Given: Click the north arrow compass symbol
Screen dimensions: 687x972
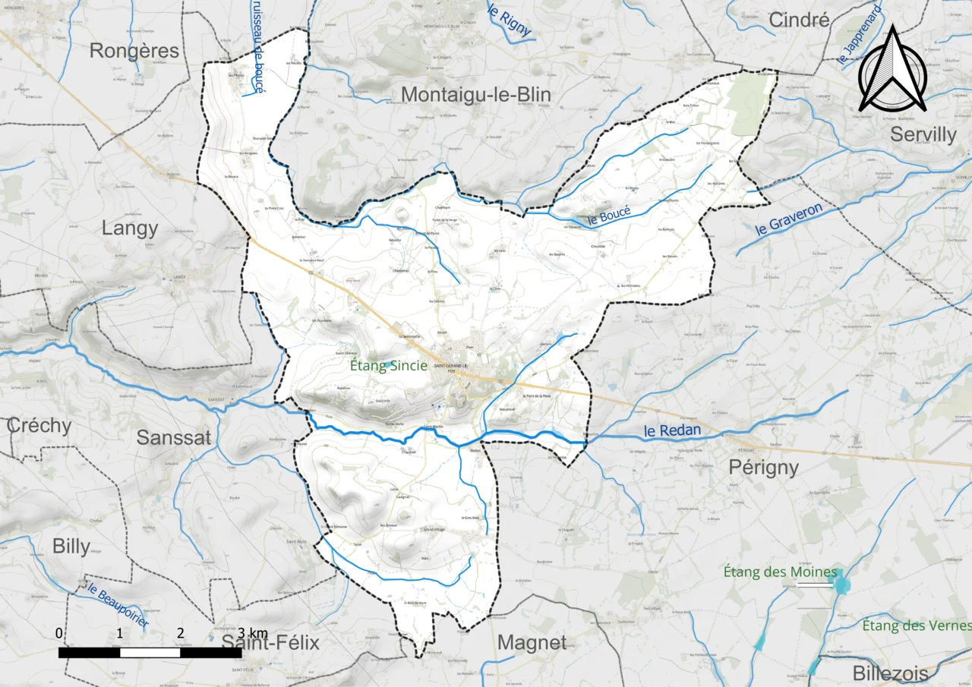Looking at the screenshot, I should pos(893,70).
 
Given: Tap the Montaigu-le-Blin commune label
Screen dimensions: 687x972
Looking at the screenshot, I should pos(476,94).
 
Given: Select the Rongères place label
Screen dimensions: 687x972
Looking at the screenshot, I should pos(134,51).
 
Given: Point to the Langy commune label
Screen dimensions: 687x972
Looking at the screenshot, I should pos(130,228).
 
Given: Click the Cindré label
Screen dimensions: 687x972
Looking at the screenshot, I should pos(799,20).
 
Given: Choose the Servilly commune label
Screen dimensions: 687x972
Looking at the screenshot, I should pos(923,134).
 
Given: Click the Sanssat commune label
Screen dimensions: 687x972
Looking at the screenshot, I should pos(174,437).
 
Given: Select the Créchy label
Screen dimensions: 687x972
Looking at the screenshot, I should pos(39,426).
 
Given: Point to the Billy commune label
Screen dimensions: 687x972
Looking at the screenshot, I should pos(71,546).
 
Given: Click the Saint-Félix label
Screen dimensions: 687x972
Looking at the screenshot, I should pos(270,643).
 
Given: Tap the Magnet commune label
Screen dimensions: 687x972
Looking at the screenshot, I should pos(532,643).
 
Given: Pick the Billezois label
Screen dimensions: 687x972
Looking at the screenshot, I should pos(890,673).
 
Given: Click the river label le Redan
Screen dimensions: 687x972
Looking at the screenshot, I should pos(672,432).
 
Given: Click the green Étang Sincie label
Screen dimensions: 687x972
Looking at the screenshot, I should pos(388,366).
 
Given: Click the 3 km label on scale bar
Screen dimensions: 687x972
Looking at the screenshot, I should pos(252,633).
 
